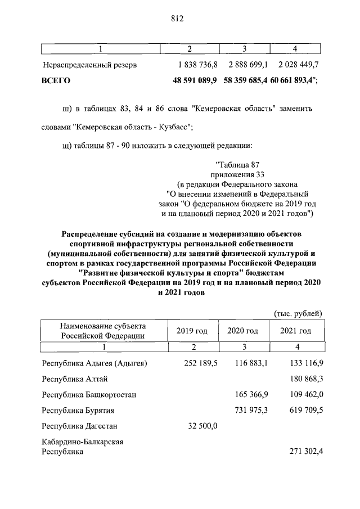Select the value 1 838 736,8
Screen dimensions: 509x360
pyautogui.click(x=197, y=65)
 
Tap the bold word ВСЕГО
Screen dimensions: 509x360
pyautogui.click(x=56, y=81)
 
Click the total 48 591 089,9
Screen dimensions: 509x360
pyautogui.click(x=196, y=81)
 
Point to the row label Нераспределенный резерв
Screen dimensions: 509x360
pyautogui.click(x=89, y=65)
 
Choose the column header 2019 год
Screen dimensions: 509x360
pyautogui.click(x=192, y=331)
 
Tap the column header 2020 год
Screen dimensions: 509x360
pyautogui.click(x=242, y=331)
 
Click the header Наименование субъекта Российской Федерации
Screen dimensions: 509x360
pyautogui.click(x=103, y=331)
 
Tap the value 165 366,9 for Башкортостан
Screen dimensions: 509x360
pyautogui.click(x=251, y=395)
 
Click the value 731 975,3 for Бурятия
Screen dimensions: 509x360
pyautogui.click(x=251, y=411)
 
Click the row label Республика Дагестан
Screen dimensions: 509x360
pyautogui.click(x=79, y=426)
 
